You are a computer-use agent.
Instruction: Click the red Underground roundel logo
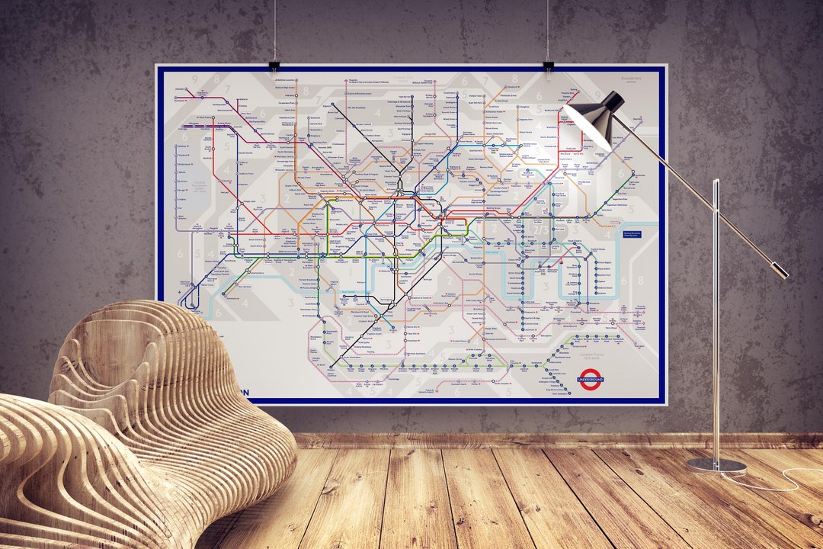[591, 379]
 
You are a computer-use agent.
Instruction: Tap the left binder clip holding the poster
[274, 66]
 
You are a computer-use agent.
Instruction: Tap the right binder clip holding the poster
[548, 66]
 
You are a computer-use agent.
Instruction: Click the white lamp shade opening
[586, 127]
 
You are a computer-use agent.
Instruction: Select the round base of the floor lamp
[716, 465]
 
